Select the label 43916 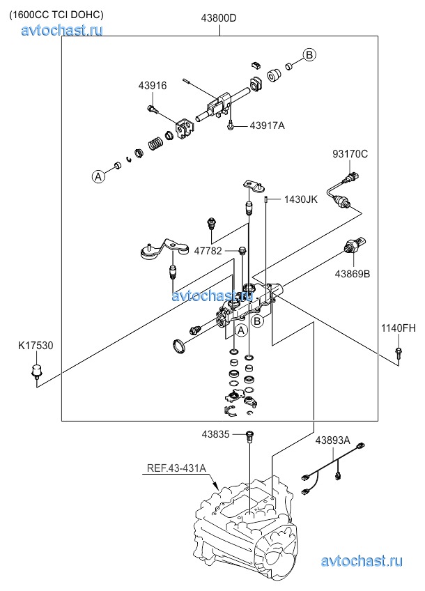(x=152, y=86)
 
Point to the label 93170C (x=349, y=153)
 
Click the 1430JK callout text (x=300, y=199)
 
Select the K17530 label (x=36, y=345)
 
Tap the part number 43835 (x=215, y=433)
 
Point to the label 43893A (x=332, y=440)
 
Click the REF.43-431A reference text (x=176, y=468)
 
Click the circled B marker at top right (x=309, y=55)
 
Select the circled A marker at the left (x=99, y=177)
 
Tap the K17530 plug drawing (x=36, y=373)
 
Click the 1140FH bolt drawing (x=398, y=352)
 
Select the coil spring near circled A (x=155, y=145)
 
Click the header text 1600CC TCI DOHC (x=56, y=14)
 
